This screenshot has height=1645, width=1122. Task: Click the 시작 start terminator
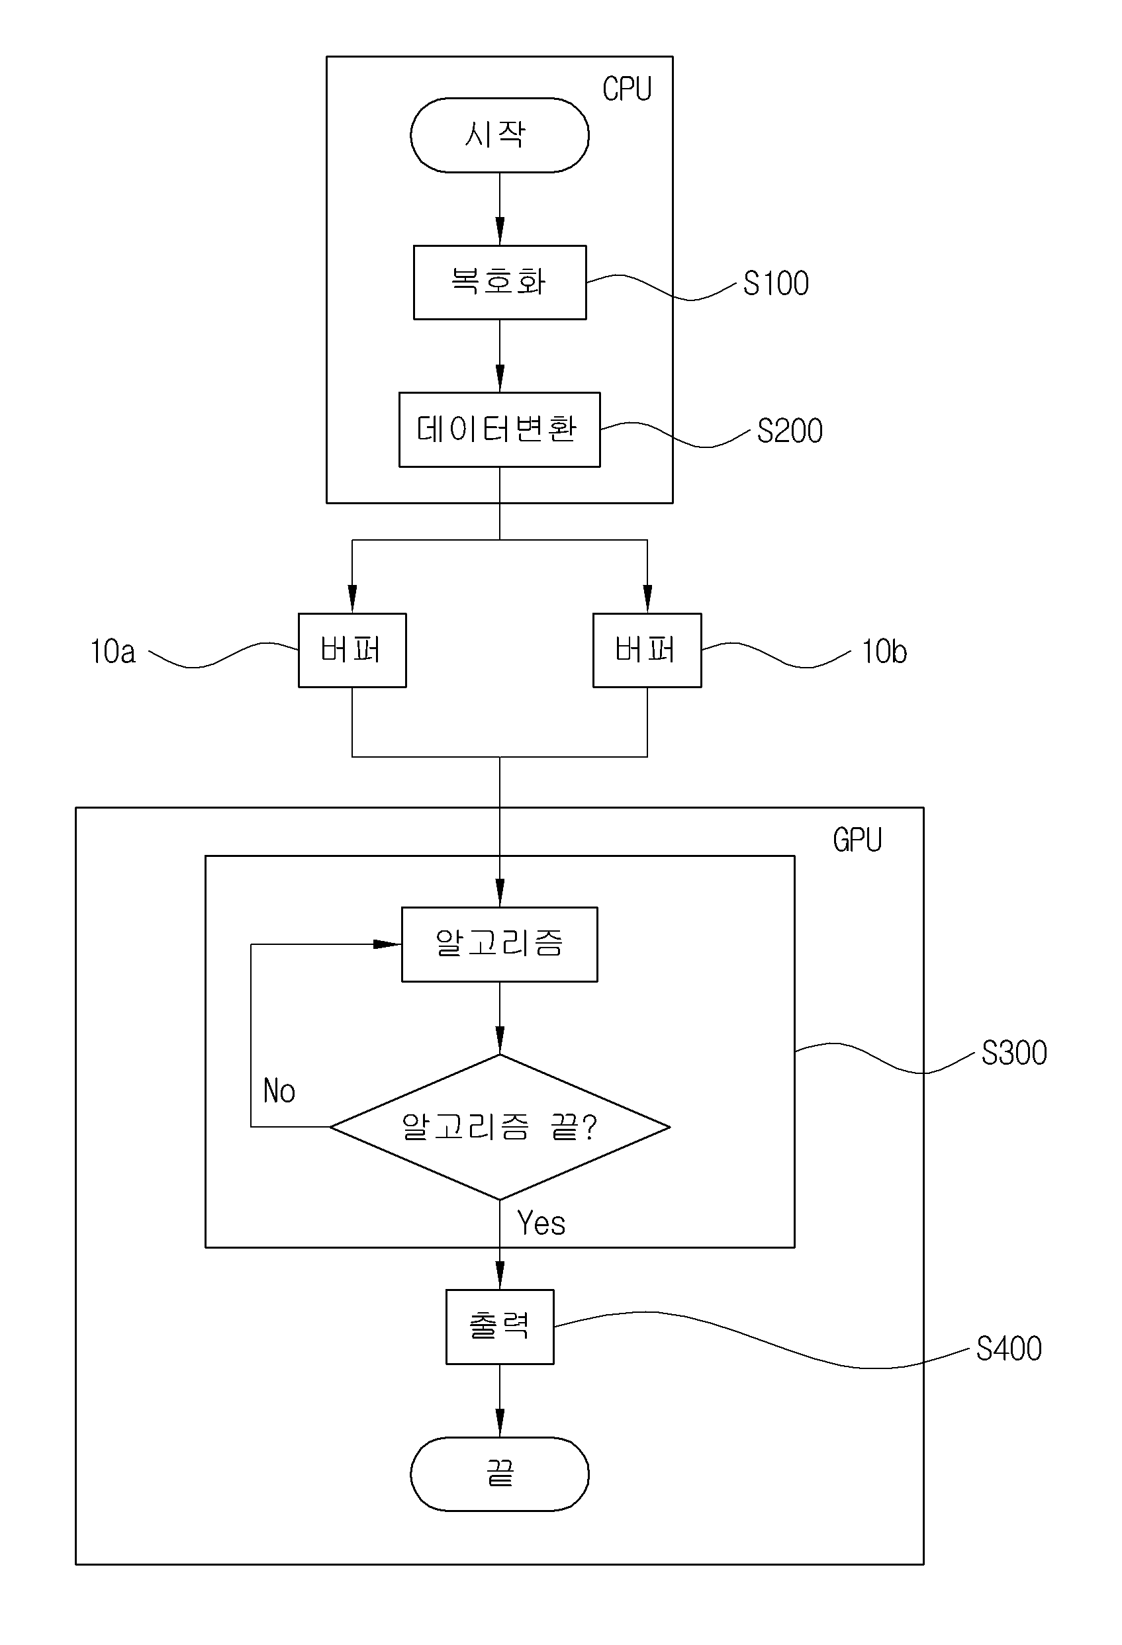point(499,135)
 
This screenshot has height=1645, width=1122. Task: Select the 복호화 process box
point(500,283)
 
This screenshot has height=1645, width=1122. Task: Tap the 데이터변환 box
point(500,429)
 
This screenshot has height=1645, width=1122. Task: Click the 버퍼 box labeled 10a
point(353,650)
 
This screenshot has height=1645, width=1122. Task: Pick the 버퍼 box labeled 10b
point(647,650)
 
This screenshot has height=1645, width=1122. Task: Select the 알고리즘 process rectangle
point(500,944)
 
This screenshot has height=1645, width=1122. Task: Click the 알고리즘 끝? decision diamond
point(500,1127)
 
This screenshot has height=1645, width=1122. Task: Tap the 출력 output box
point(500,1327)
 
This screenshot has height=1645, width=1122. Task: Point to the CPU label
point(626,89)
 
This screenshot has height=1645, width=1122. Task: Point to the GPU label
point(857,840)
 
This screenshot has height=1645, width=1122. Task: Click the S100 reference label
point(776,284)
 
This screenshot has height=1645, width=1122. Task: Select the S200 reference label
point(790,431)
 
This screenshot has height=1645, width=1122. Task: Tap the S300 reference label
point(1014,1053)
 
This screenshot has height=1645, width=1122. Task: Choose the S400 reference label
point(1009,1349)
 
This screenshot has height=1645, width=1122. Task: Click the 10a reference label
point(113,651)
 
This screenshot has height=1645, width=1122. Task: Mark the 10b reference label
point(884,651)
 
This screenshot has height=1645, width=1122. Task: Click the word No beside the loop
point(279,1090)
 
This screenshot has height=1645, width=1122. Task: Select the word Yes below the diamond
point(541,1223)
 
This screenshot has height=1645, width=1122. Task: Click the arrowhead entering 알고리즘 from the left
point(387,944)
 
